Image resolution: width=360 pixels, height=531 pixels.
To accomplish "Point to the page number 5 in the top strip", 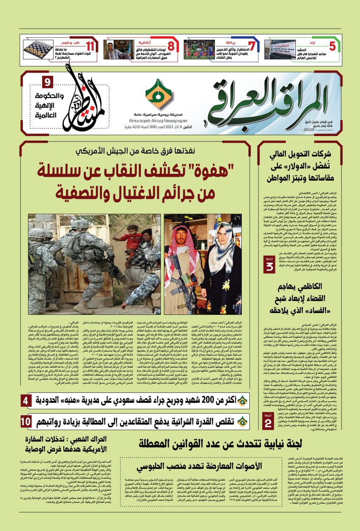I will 332,46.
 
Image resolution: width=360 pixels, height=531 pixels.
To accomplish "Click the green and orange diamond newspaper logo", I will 158,94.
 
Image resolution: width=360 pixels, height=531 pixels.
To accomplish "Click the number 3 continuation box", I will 269,265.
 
